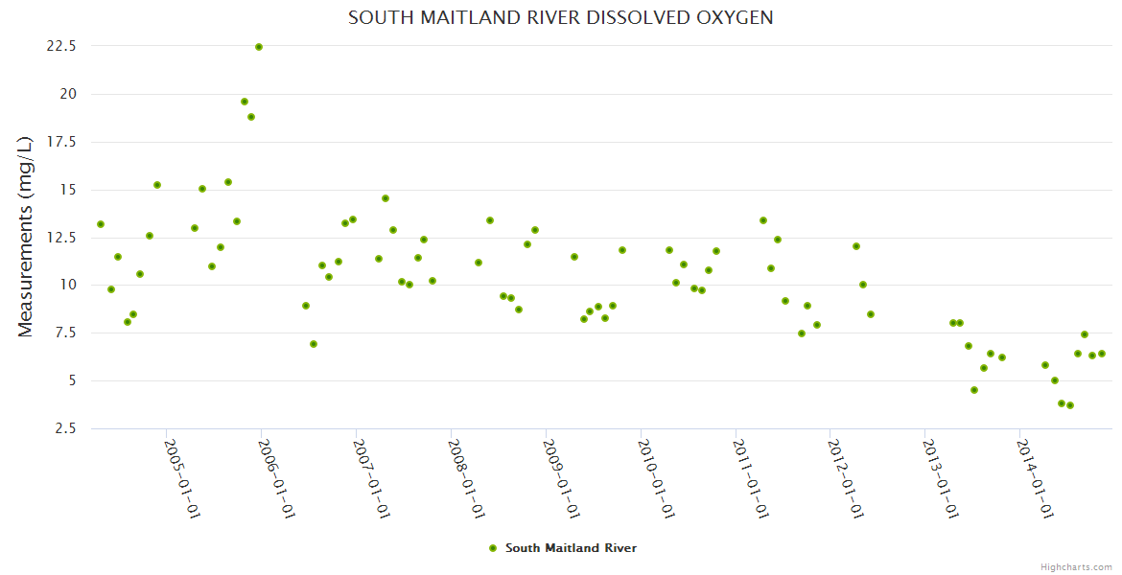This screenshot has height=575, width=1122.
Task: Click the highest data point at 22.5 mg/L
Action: point(258,47)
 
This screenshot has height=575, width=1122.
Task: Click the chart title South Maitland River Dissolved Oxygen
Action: point(561,18)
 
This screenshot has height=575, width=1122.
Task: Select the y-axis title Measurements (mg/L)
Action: point(26,236)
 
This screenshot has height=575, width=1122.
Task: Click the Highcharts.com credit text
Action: point(1076,566)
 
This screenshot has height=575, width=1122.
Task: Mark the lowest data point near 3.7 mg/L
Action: point(1069,405)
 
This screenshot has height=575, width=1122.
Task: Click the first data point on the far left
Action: point(101,224)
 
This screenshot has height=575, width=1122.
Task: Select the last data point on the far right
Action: point(1102,354)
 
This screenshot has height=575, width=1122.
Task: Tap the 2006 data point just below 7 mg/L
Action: point(314,344)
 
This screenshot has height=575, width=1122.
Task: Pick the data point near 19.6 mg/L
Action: point(245,102)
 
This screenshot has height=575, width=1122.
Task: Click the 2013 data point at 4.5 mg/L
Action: point(974,390)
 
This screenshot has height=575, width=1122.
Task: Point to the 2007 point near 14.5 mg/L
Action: point(386,198)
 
